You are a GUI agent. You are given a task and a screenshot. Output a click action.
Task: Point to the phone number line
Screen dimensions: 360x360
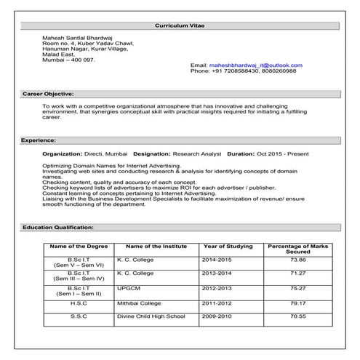pos(243,71)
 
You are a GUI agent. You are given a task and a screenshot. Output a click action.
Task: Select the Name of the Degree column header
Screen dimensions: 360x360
pos(78,247)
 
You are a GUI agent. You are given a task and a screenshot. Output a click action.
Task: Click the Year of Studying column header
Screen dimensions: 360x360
pos(225,247)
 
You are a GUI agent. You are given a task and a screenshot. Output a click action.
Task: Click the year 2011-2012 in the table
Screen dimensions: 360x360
pos(219,302)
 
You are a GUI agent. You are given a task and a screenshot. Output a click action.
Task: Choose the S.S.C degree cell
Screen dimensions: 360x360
pos(79,316)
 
